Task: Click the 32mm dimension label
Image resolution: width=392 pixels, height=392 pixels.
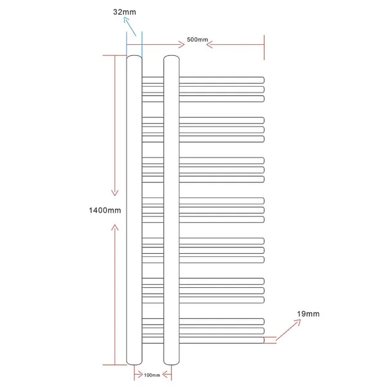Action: (x=125, y=12)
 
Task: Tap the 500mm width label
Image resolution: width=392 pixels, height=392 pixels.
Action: (x=197, y=39)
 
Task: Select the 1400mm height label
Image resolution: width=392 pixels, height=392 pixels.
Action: (x=105, y=210)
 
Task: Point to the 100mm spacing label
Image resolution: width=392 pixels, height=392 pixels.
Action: (x=152, y=375)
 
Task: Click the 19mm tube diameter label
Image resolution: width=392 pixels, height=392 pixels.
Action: (x=308, y=314)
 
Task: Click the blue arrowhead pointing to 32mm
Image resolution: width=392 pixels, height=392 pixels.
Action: (x=127, y=20)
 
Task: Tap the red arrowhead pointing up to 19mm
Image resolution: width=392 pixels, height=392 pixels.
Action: (x=298, y=323)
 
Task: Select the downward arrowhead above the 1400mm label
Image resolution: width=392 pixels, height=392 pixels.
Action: (x=115, y=193)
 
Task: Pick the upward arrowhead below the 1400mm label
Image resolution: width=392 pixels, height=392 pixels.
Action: (x=115, y=227)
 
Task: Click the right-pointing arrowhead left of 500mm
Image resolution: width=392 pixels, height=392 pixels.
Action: (x=181, y=45)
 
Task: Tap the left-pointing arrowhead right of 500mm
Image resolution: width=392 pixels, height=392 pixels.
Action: (x=209, y=45)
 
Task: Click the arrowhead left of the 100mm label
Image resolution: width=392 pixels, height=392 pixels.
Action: (x=139, y=375)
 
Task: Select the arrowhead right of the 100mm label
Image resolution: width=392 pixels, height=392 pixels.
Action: (x=166, y=375)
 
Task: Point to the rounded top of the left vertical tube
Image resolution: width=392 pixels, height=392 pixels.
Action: (x=134, y=56)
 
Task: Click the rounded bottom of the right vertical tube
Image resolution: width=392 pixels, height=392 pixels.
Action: (x=172, y=364)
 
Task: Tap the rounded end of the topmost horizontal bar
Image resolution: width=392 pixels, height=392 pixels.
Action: (x=263, y=80)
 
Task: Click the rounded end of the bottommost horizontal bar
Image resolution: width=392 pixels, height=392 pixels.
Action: (x=263, y=340)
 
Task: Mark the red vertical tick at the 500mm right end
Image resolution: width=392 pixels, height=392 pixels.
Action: (x=264, y=48)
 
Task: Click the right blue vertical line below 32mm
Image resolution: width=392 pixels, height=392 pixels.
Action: (x=142, y=45)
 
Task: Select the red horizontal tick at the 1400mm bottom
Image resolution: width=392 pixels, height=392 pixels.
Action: (x=115, y=365)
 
